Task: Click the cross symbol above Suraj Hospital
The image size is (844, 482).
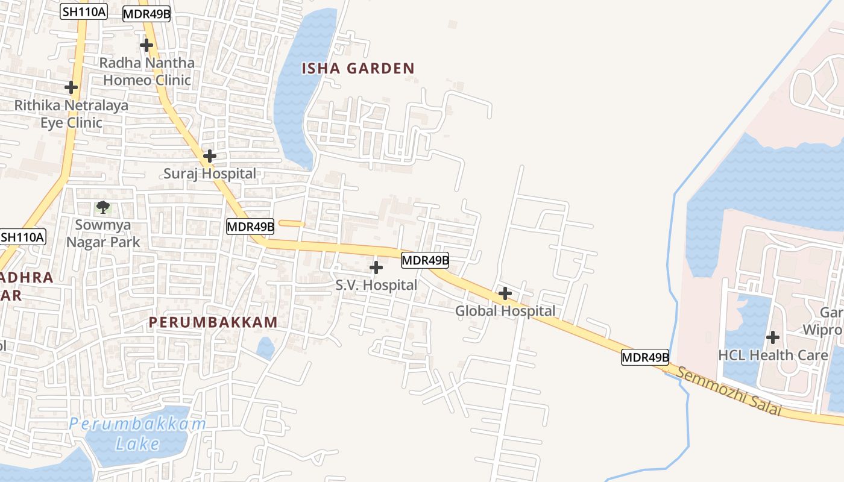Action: (209, 156)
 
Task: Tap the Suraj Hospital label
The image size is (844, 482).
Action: (210, 174)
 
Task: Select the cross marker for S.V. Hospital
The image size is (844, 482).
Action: (376, 267)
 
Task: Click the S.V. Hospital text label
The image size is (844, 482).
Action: (376, 284)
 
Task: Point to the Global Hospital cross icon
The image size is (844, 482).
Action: (505, 293)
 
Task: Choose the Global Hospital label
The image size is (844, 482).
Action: (505, 311)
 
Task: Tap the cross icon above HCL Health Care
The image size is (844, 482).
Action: (773, 337)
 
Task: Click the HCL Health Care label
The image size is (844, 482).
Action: (773, 355)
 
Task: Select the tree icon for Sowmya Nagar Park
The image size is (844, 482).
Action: (103, 208)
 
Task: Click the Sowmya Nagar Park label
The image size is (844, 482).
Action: (103, 233)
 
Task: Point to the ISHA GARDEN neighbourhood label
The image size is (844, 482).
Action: (358, 69)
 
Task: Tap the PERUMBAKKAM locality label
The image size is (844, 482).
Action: (213, 322)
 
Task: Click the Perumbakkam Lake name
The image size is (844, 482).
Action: (137, 434)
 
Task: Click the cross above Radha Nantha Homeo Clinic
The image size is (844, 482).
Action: (146, 45)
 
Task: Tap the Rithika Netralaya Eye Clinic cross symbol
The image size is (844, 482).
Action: (71, 87)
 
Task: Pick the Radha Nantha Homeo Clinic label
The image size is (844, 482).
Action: (147, 71)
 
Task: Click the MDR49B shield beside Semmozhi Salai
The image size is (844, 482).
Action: (645, 357)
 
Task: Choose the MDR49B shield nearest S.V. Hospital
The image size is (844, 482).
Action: (425, 260)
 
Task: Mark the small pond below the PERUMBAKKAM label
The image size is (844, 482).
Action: (265, 348)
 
